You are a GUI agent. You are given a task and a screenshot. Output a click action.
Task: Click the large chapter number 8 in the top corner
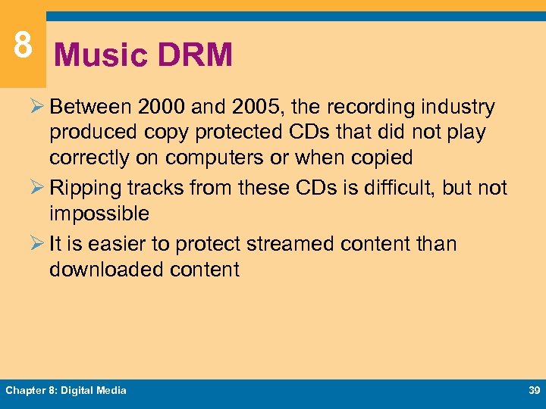pyautogui.click(x=23, y=45)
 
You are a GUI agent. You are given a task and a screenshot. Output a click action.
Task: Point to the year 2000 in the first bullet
pyautogui.click(x=161, y=108)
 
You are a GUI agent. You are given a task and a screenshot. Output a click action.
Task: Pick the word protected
pyautogui.click(x=241, y=133)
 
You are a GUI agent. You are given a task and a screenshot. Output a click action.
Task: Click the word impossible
pyautogui.click(x=99, y=214)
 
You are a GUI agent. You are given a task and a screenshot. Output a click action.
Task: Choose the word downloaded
pyautogui.click(x=111, y=270)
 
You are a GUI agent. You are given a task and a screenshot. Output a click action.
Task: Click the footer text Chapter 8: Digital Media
pyautogui.click(x=66, y=391)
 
